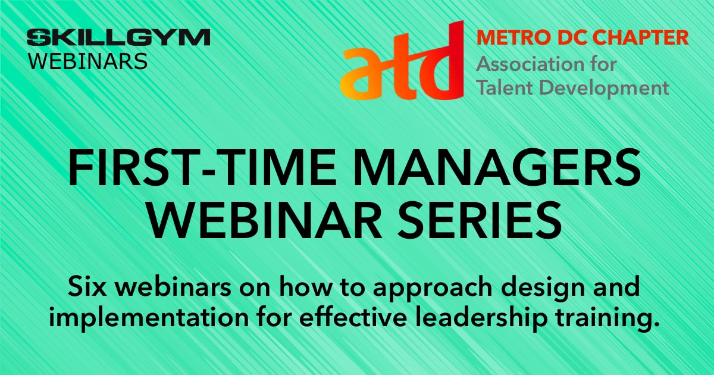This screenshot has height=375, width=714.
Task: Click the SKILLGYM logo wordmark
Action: pyautogui.click(x=118, y=37)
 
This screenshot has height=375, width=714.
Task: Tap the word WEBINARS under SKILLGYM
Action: pyautogui.click(x=88, y=61)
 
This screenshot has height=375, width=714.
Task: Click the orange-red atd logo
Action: pyautogui.click(x=402, y=60)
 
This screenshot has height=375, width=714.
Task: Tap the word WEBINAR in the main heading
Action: pyautogui.click(x=265, y=220)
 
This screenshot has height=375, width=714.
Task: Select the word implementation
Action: pyautogui.click(x=149, y=318)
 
